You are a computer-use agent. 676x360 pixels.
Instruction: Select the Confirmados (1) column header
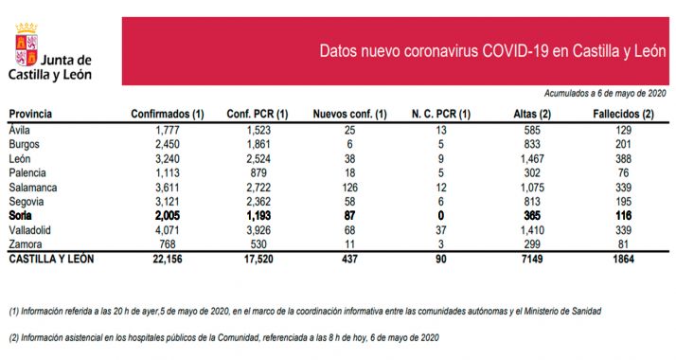168,114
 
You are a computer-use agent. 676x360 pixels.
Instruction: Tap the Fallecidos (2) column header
622,114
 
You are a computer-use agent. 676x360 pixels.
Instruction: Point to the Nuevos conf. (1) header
350,114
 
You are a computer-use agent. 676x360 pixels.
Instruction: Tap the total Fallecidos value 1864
622,259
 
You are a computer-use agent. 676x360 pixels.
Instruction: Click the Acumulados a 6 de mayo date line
606,94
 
